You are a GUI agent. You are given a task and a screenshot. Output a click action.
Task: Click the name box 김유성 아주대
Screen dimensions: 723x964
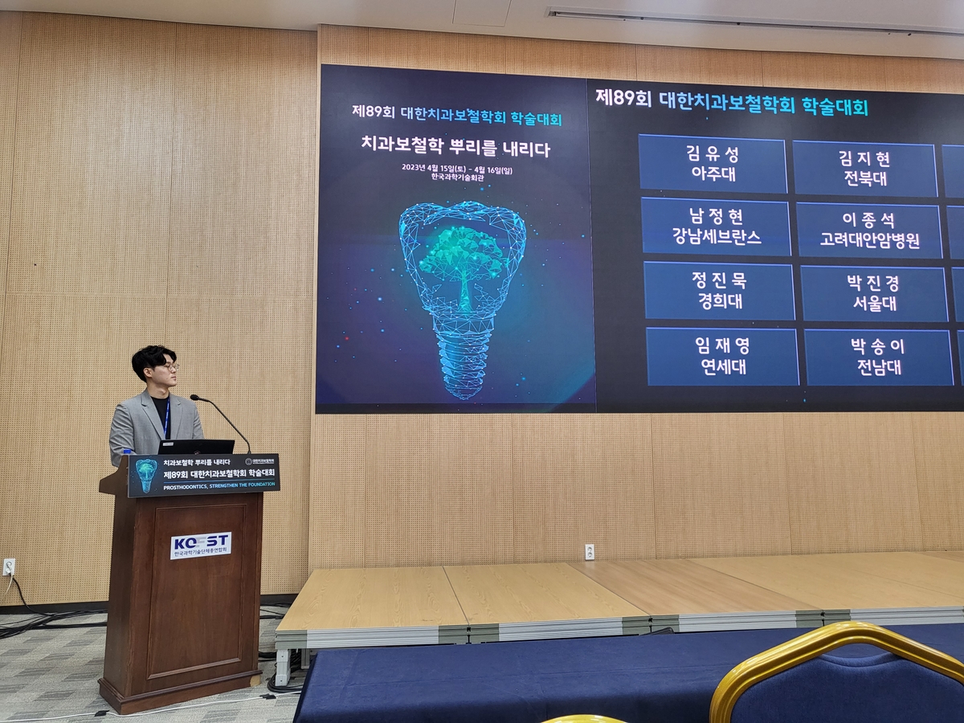coord(713,164)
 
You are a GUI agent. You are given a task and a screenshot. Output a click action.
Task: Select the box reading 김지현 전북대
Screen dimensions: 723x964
coord(864,169)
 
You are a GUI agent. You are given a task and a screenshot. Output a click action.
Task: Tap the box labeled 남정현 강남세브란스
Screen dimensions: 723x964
coord(716,227)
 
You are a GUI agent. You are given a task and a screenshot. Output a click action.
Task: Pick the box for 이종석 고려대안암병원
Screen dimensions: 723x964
coord(868,231)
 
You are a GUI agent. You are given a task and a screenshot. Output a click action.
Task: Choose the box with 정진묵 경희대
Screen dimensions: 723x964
coord(719,291)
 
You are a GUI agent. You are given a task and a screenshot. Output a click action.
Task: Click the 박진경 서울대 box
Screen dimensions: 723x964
coord(873,294)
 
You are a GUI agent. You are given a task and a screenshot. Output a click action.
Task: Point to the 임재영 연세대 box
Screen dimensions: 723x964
coord(722,357)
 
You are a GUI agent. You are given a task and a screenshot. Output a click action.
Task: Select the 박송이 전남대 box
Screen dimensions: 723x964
coord(878,357)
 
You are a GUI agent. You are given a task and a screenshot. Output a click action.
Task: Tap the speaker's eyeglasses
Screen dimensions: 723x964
coord(166,366)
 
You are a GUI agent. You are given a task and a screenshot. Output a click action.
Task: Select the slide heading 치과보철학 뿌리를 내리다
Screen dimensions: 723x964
coord(455,147)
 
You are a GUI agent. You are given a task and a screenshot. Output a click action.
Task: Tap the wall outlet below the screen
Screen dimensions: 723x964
coord(589,552)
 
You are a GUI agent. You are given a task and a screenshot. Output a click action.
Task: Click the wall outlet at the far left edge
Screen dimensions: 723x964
coord(9,566)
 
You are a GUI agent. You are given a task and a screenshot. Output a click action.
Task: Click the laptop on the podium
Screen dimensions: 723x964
coord(197,447)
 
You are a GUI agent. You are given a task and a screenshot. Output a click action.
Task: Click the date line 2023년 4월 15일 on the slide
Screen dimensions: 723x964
coord(455,168)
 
